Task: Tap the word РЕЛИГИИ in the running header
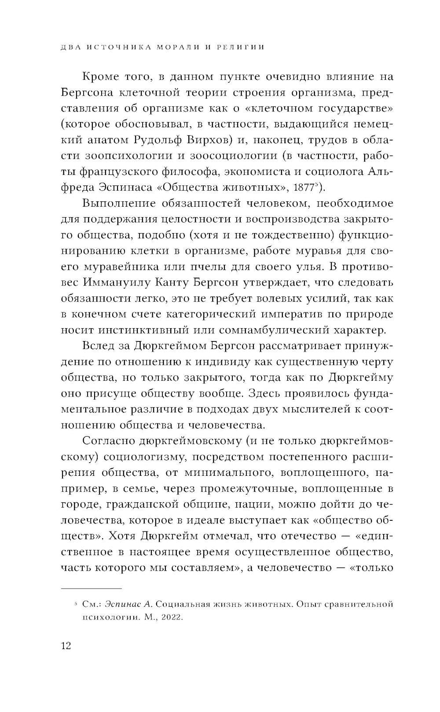coord(238,47)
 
